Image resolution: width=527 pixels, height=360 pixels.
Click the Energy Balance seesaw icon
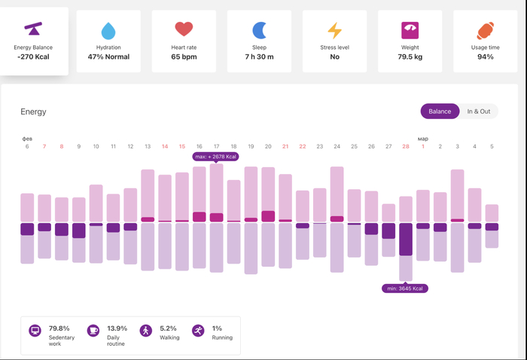[x=33, y=29]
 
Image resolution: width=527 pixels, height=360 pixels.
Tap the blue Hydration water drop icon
[x=108, y=31]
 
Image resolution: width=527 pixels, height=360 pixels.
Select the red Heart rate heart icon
[x=184, y=29]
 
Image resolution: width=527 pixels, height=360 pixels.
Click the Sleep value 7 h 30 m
[x=259, y=56]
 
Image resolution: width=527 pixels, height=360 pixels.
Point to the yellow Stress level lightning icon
[x=334, y=31]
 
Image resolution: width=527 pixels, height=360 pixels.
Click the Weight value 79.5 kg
[x=410, y=56]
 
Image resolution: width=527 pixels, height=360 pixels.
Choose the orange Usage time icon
[x=485, y=31]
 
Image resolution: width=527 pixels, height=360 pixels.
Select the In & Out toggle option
[x=478, y=111]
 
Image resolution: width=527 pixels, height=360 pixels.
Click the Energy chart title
[x=33, y=111]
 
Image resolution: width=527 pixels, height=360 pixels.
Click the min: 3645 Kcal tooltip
[x=405, y=288]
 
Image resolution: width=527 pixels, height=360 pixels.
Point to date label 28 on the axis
[x=406, y=146]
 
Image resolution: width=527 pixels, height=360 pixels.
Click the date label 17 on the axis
[x=216, y=146]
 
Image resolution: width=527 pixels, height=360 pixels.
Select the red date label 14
[x=165, y=146]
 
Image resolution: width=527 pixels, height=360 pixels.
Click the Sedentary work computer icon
[x=35, y=331]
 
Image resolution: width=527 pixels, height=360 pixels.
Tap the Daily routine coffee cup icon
[x=93, y=331]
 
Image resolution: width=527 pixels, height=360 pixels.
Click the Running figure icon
[x=198, y=331]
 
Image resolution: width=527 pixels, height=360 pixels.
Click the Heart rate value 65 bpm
[x=184, y=56]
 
